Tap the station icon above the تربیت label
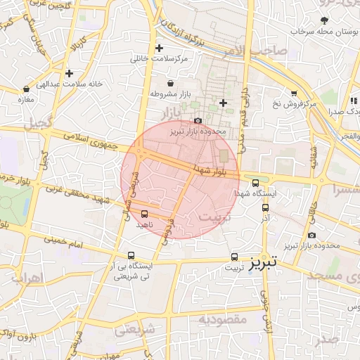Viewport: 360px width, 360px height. [x=235, y=257]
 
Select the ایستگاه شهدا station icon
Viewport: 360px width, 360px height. [x=255, y=181]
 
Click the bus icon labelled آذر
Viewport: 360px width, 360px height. [x=265, y=207]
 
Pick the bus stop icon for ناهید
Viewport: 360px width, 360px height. [x=145, y=213]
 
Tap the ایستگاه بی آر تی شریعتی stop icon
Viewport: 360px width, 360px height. [x=131, y=256]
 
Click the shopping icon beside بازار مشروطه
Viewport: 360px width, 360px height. [x=171, y=84]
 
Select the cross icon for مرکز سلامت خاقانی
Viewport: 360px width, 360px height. [x=160, y=49]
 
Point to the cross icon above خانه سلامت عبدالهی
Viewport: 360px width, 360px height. [x=69, y=73]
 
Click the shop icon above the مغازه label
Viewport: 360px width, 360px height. [x=27, y=89]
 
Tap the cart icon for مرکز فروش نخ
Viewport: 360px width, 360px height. [x=293, y=93]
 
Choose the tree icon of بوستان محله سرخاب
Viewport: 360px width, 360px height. [x=324, y=21]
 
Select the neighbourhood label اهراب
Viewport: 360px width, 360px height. [x=28, y=278]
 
